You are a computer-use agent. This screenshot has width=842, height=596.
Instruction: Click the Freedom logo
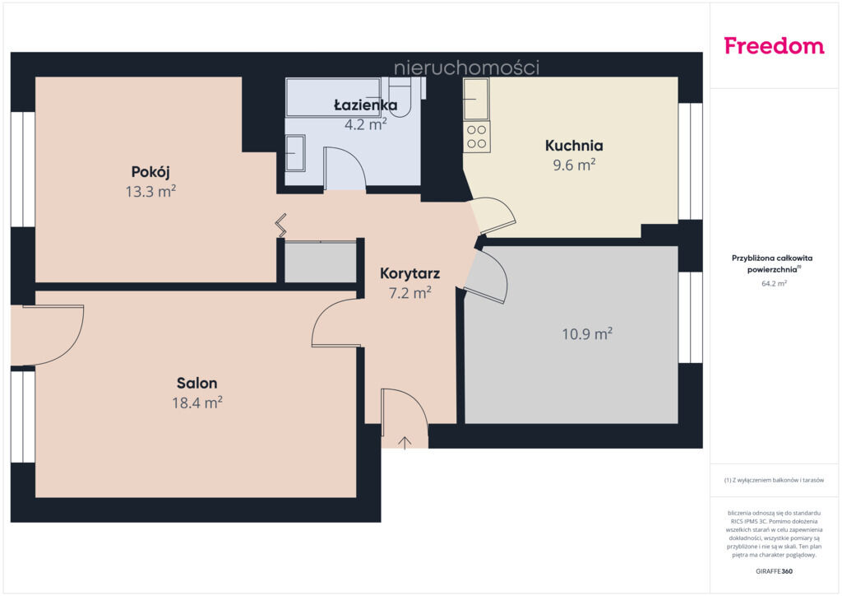774,45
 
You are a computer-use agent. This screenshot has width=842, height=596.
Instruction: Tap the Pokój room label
150,172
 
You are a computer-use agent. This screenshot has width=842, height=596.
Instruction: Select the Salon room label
197,383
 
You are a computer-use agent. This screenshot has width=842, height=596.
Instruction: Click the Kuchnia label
574,146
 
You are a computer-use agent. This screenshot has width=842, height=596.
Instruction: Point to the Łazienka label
366,105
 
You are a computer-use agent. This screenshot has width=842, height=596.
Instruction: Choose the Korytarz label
409,273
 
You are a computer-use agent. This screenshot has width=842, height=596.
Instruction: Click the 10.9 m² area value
587,333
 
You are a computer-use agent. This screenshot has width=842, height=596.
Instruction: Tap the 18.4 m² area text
197,403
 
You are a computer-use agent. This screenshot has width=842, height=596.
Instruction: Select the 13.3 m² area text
151,191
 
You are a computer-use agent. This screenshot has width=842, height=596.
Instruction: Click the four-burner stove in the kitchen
476,137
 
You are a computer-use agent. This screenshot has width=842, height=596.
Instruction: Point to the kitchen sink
476,99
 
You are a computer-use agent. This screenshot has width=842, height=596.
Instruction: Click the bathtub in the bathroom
334,97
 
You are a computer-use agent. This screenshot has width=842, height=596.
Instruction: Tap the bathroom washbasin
295,153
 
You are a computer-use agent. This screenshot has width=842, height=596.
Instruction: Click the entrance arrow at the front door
405,443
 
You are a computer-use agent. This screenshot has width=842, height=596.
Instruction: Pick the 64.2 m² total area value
774,283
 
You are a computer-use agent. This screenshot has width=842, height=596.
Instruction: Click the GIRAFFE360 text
774,571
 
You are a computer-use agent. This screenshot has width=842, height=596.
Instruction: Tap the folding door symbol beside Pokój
281,226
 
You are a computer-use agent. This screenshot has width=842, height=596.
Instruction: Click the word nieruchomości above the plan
467,68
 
